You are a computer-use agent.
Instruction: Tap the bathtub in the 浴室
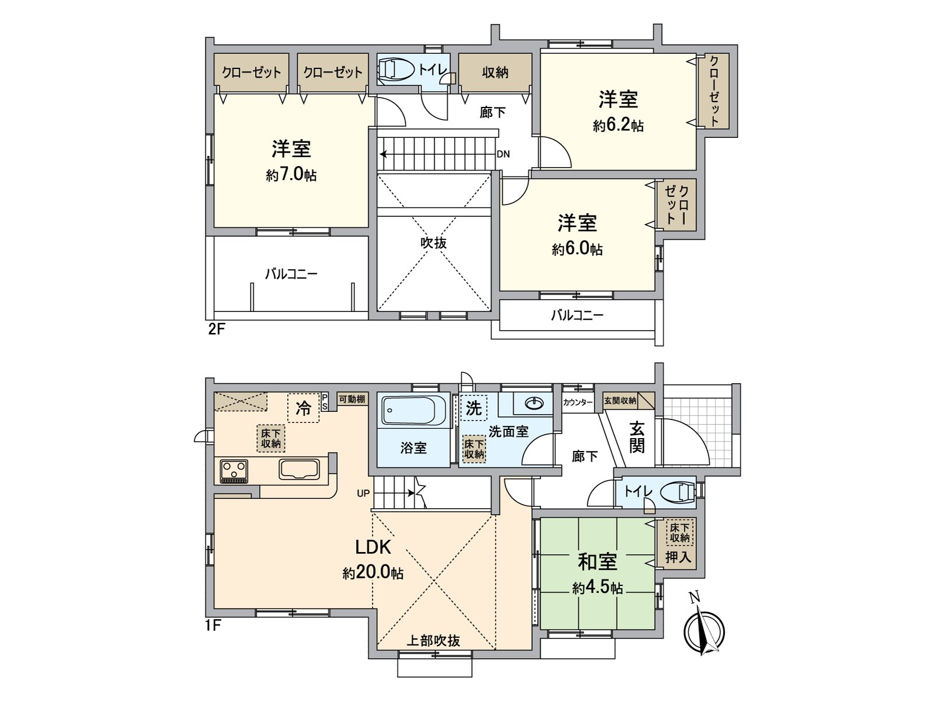[x=409, y=410]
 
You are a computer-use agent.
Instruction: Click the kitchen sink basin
[x=299, y=470]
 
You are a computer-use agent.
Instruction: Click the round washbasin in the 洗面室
[x=534, y=402]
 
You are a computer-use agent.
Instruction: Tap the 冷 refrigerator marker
[x=304, y=408]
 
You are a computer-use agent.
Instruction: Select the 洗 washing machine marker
[x=473, y=408]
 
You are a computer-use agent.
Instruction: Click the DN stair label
[x=503, y=154]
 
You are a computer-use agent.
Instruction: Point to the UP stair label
[x=364, y=493]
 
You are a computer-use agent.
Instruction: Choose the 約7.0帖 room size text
[x=291, y=175]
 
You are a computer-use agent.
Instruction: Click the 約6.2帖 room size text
[x=618, y=125]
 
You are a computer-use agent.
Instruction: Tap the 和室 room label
[x=597, y=562]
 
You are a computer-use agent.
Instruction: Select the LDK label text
[x=373, y=547]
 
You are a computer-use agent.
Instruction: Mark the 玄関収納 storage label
[x=621, y=401]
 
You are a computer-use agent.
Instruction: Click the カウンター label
[x=577, y=402]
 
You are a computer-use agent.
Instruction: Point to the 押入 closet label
[x=678, y=557]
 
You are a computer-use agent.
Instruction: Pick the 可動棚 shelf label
[x=352, y=399]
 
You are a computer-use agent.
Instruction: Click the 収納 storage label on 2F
[x=495, y=73]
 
